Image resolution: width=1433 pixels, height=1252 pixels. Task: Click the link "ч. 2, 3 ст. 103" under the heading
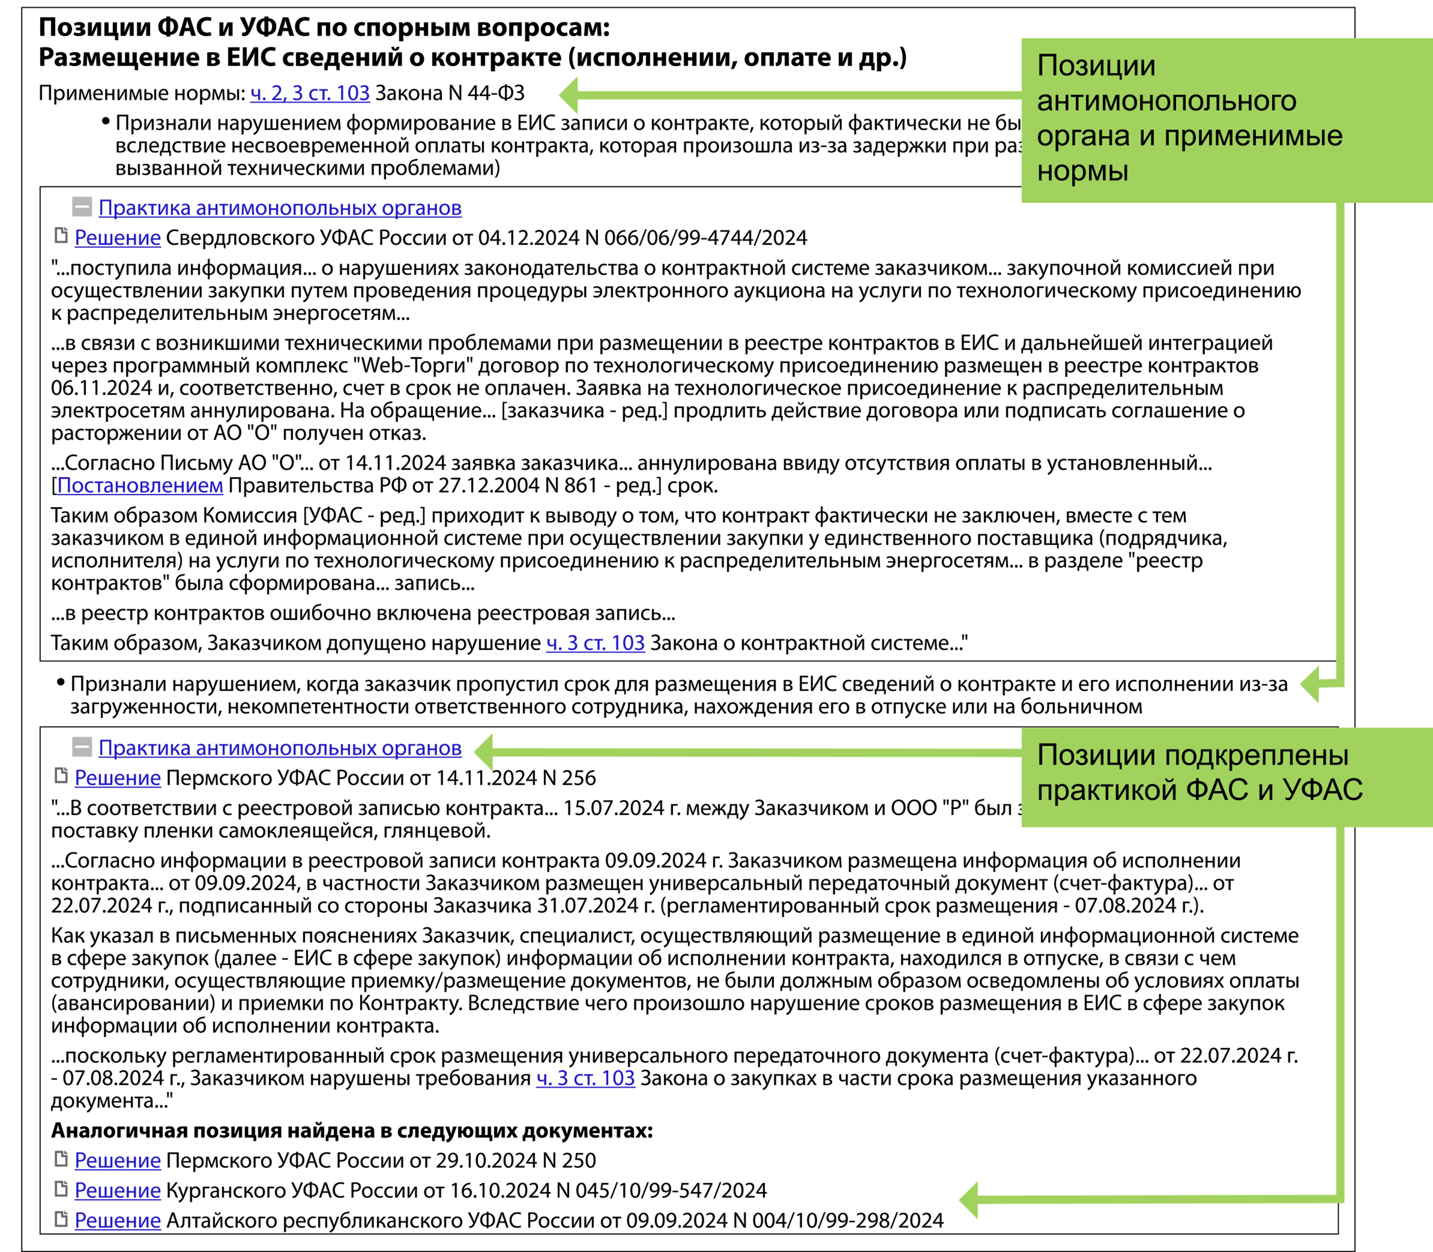309,93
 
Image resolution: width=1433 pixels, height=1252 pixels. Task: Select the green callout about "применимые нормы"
1226,119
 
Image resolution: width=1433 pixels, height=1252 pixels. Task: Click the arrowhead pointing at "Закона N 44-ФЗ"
569,94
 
